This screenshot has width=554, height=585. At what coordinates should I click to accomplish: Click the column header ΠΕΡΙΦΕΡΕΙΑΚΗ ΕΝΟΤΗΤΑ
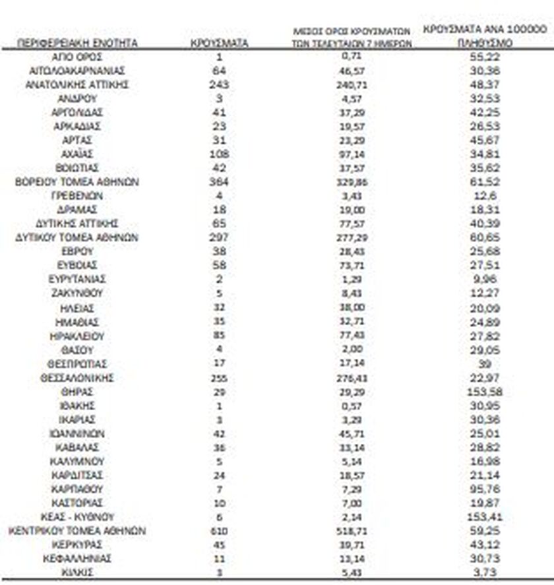pos(78,43)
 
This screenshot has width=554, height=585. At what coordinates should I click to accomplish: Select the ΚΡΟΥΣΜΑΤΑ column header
pos(219,43)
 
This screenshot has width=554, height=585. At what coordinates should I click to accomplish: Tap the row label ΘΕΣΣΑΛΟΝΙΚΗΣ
pos(77,378)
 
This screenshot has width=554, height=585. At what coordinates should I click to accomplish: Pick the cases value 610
pos(220,531)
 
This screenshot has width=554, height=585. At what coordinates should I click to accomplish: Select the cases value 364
pos(220,182)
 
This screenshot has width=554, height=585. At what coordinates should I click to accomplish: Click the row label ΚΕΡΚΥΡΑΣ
pos(77,545)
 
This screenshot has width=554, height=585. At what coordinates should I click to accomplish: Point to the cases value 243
pos(220,84)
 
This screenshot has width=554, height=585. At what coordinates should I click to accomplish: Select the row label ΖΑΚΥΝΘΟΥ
pos(77,293)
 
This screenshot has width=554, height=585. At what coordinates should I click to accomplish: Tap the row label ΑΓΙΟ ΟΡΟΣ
pos(77,57)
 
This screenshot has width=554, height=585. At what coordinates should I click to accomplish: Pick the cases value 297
pos(220,237)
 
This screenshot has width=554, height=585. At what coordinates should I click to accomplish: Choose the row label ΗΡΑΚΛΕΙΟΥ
pos(77,336)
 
